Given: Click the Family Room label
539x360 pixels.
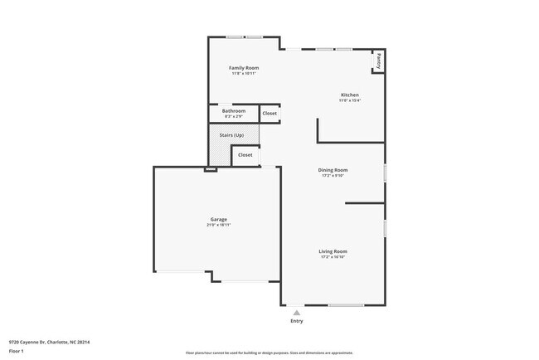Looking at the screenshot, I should click(244, 67).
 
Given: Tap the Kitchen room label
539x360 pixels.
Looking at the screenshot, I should click(349, 95).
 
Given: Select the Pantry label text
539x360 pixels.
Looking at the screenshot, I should click(378, 61).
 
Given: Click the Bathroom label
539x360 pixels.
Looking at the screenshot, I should click(233, 110).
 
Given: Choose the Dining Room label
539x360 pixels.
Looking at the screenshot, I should click(333, 169).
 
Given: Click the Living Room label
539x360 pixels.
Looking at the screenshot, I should click(333, 251).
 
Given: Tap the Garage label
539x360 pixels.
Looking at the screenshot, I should click(218, 219).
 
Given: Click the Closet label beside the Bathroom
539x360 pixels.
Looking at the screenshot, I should click(269, 113).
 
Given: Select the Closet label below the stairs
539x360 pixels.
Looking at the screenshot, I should click(245, 154).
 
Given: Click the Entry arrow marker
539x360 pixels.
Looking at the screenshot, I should click(297, 312).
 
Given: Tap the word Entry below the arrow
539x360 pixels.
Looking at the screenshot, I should click(297, 321).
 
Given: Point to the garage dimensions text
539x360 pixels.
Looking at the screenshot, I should click(218, 225).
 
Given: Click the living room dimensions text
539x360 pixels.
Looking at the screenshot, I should click(333, 257).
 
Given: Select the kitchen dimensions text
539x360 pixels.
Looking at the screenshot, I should click(349, 101).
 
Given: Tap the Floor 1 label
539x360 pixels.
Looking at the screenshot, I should click(17, 351).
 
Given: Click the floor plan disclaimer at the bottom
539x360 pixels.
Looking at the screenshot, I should click(269, 353).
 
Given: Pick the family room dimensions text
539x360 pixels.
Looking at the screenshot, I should click(244, 74).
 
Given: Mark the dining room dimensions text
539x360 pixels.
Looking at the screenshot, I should click(333, 176).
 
